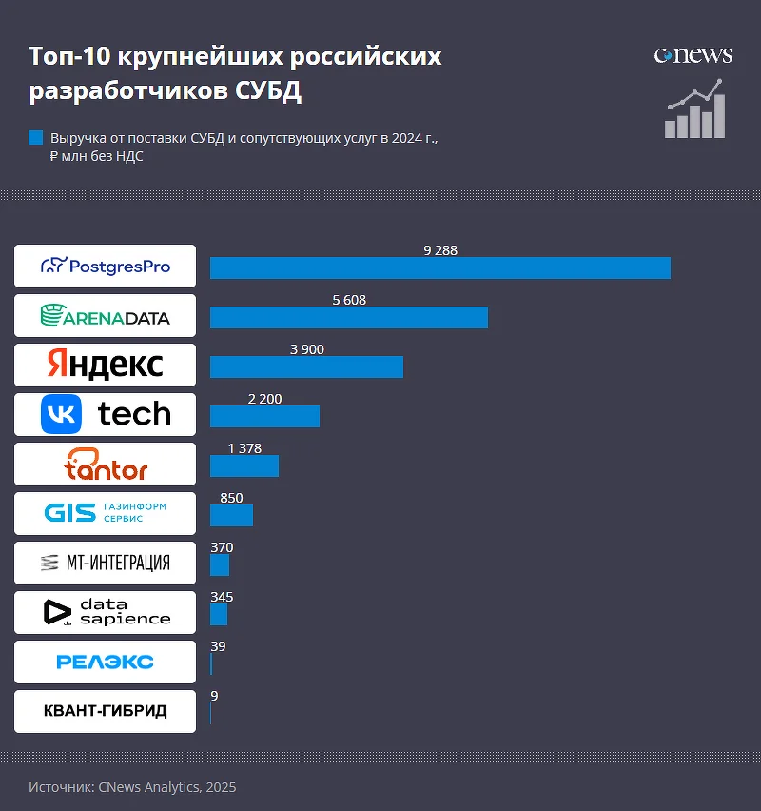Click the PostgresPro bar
coord(439,267)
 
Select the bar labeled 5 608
coord(348,317)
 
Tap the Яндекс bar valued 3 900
coord(306,366)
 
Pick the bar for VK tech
coord(264,416)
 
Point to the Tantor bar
coord(244,465)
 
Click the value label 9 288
coord(440,250)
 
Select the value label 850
coord(231,498)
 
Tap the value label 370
coord(222,547)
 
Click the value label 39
coord(218,646)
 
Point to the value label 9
coord(214,696)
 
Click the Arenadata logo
coord(105,316)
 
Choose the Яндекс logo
coord(105,366)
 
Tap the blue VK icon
coord(62,414)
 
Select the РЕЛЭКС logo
coord(105,662)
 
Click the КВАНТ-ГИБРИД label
coord(105,711)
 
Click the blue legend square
coord(36,138)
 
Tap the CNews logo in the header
coord(693,55)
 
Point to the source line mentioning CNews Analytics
coord(132,787)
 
